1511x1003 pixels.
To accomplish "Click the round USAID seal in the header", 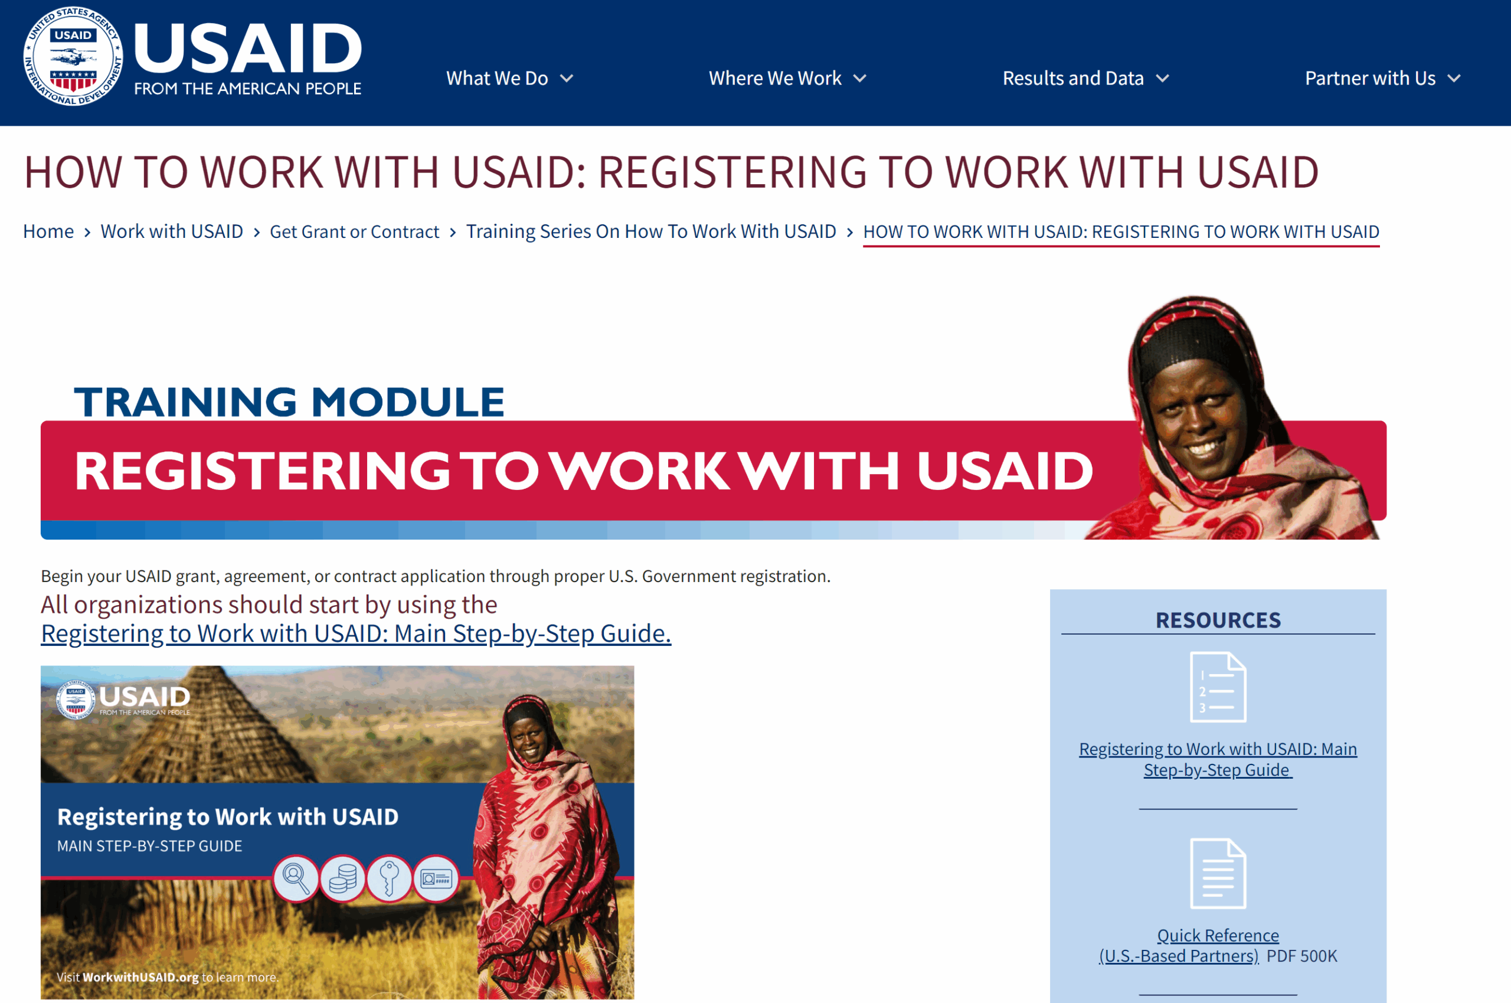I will [x=73, y=56].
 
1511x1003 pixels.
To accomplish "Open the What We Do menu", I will [x=509, y=79].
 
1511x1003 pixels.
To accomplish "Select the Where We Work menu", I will [x=787, y=79].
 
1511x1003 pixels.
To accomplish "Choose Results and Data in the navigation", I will [x=1084, y=79].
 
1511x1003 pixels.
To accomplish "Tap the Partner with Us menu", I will [x=1381, y=79].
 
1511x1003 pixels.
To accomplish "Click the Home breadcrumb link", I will [x=48, y=231].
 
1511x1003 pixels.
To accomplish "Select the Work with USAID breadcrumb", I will [x=171, y=231].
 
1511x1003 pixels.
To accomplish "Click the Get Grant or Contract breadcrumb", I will [x=354, y=231].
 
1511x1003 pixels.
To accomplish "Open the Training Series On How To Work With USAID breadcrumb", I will [x=650, y=231].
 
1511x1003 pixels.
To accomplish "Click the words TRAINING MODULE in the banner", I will [x=289, y=401].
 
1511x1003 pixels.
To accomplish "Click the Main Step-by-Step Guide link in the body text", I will [x=355, y=633].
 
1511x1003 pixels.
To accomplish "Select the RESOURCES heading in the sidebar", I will [x=1218, y=620].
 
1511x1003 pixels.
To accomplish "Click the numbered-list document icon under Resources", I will [x=1218, y=687].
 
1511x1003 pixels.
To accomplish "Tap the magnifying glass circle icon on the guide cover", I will [x=296, y=878].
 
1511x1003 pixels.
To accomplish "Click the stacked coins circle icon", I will [x=342, y=878].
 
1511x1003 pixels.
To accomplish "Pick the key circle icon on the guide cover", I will [x=389, y=878].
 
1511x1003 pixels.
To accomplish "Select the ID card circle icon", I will [x=436, y=878].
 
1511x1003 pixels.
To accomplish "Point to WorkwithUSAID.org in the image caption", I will [x=140, y=977].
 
